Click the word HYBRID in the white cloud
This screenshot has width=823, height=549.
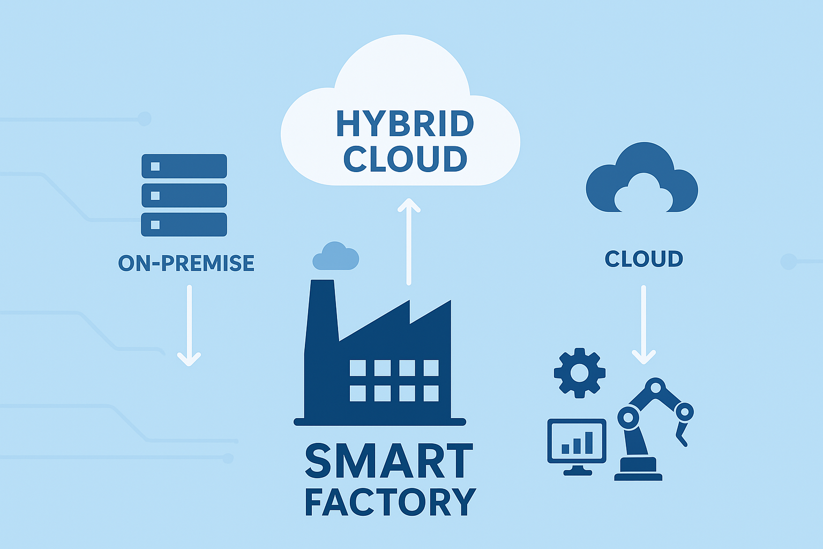coord(405,124)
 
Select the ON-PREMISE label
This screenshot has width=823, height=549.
coord(186,263)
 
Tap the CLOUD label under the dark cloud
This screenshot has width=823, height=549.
coord(644,259)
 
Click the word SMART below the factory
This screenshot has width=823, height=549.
coord(388,461)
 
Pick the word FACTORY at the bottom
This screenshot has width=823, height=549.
coord(390,502)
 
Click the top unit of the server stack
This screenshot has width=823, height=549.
coord(184,166)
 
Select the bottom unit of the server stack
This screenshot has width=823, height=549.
coord(184,225)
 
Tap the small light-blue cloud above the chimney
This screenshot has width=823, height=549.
coord(335,256)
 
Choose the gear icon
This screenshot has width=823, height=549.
coord(579,373)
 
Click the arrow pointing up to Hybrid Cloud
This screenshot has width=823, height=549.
coord(409,241)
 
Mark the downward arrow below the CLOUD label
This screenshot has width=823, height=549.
coord(644,325)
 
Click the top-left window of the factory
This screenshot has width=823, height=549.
coord(357,368)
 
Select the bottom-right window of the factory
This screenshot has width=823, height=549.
coord(431,394)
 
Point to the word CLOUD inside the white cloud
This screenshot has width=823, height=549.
coord(405,159)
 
